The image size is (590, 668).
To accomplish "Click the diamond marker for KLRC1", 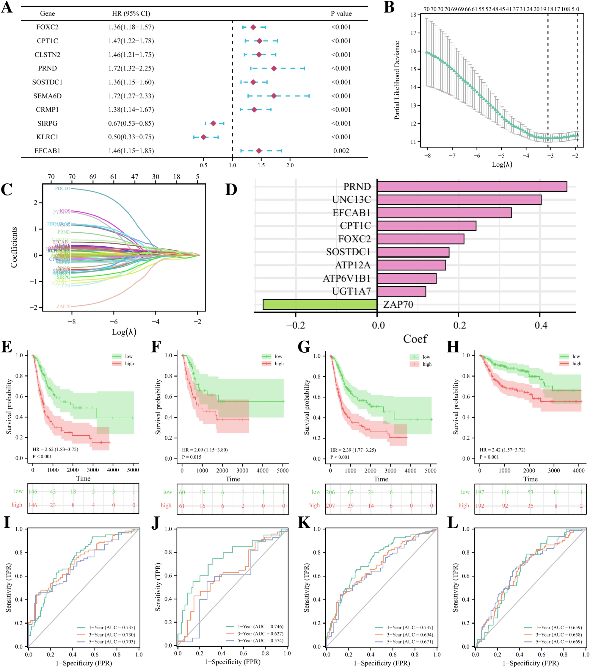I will click(203, 137).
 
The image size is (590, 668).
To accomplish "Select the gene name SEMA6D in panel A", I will click(47, 96).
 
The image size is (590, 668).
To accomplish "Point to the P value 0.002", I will click(341, 151).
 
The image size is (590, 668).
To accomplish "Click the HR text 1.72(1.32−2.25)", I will click(131, 68).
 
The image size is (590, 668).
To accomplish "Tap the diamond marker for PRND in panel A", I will click(274, 68).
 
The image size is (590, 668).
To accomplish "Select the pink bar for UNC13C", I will click(459, 200).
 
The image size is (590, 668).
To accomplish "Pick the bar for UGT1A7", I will click(401, 291).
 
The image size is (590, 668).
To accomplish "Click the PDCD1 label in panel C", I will click(62, 189).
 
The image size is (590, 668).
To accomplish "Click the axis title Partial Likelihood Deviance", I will click(397, 80).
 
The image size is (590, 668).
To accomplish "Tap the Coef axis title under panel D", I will click(415, 339).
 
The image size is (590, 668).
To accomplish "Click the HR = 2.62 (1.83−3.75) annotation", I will click(55, 449).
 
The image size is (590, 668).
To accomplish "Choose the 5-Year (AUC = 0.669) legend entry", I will click(559, 642).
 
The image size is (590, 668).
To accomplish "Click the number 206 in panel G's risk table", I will click(330, 492).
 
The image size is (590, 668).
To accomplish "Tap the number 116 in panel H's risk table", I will click(505, 492).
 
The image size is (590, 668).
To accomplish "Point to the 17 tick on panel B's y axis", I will click(413, 33).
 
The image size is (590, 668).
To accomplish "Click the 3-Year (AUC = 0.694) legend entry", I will click(410, 634).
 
